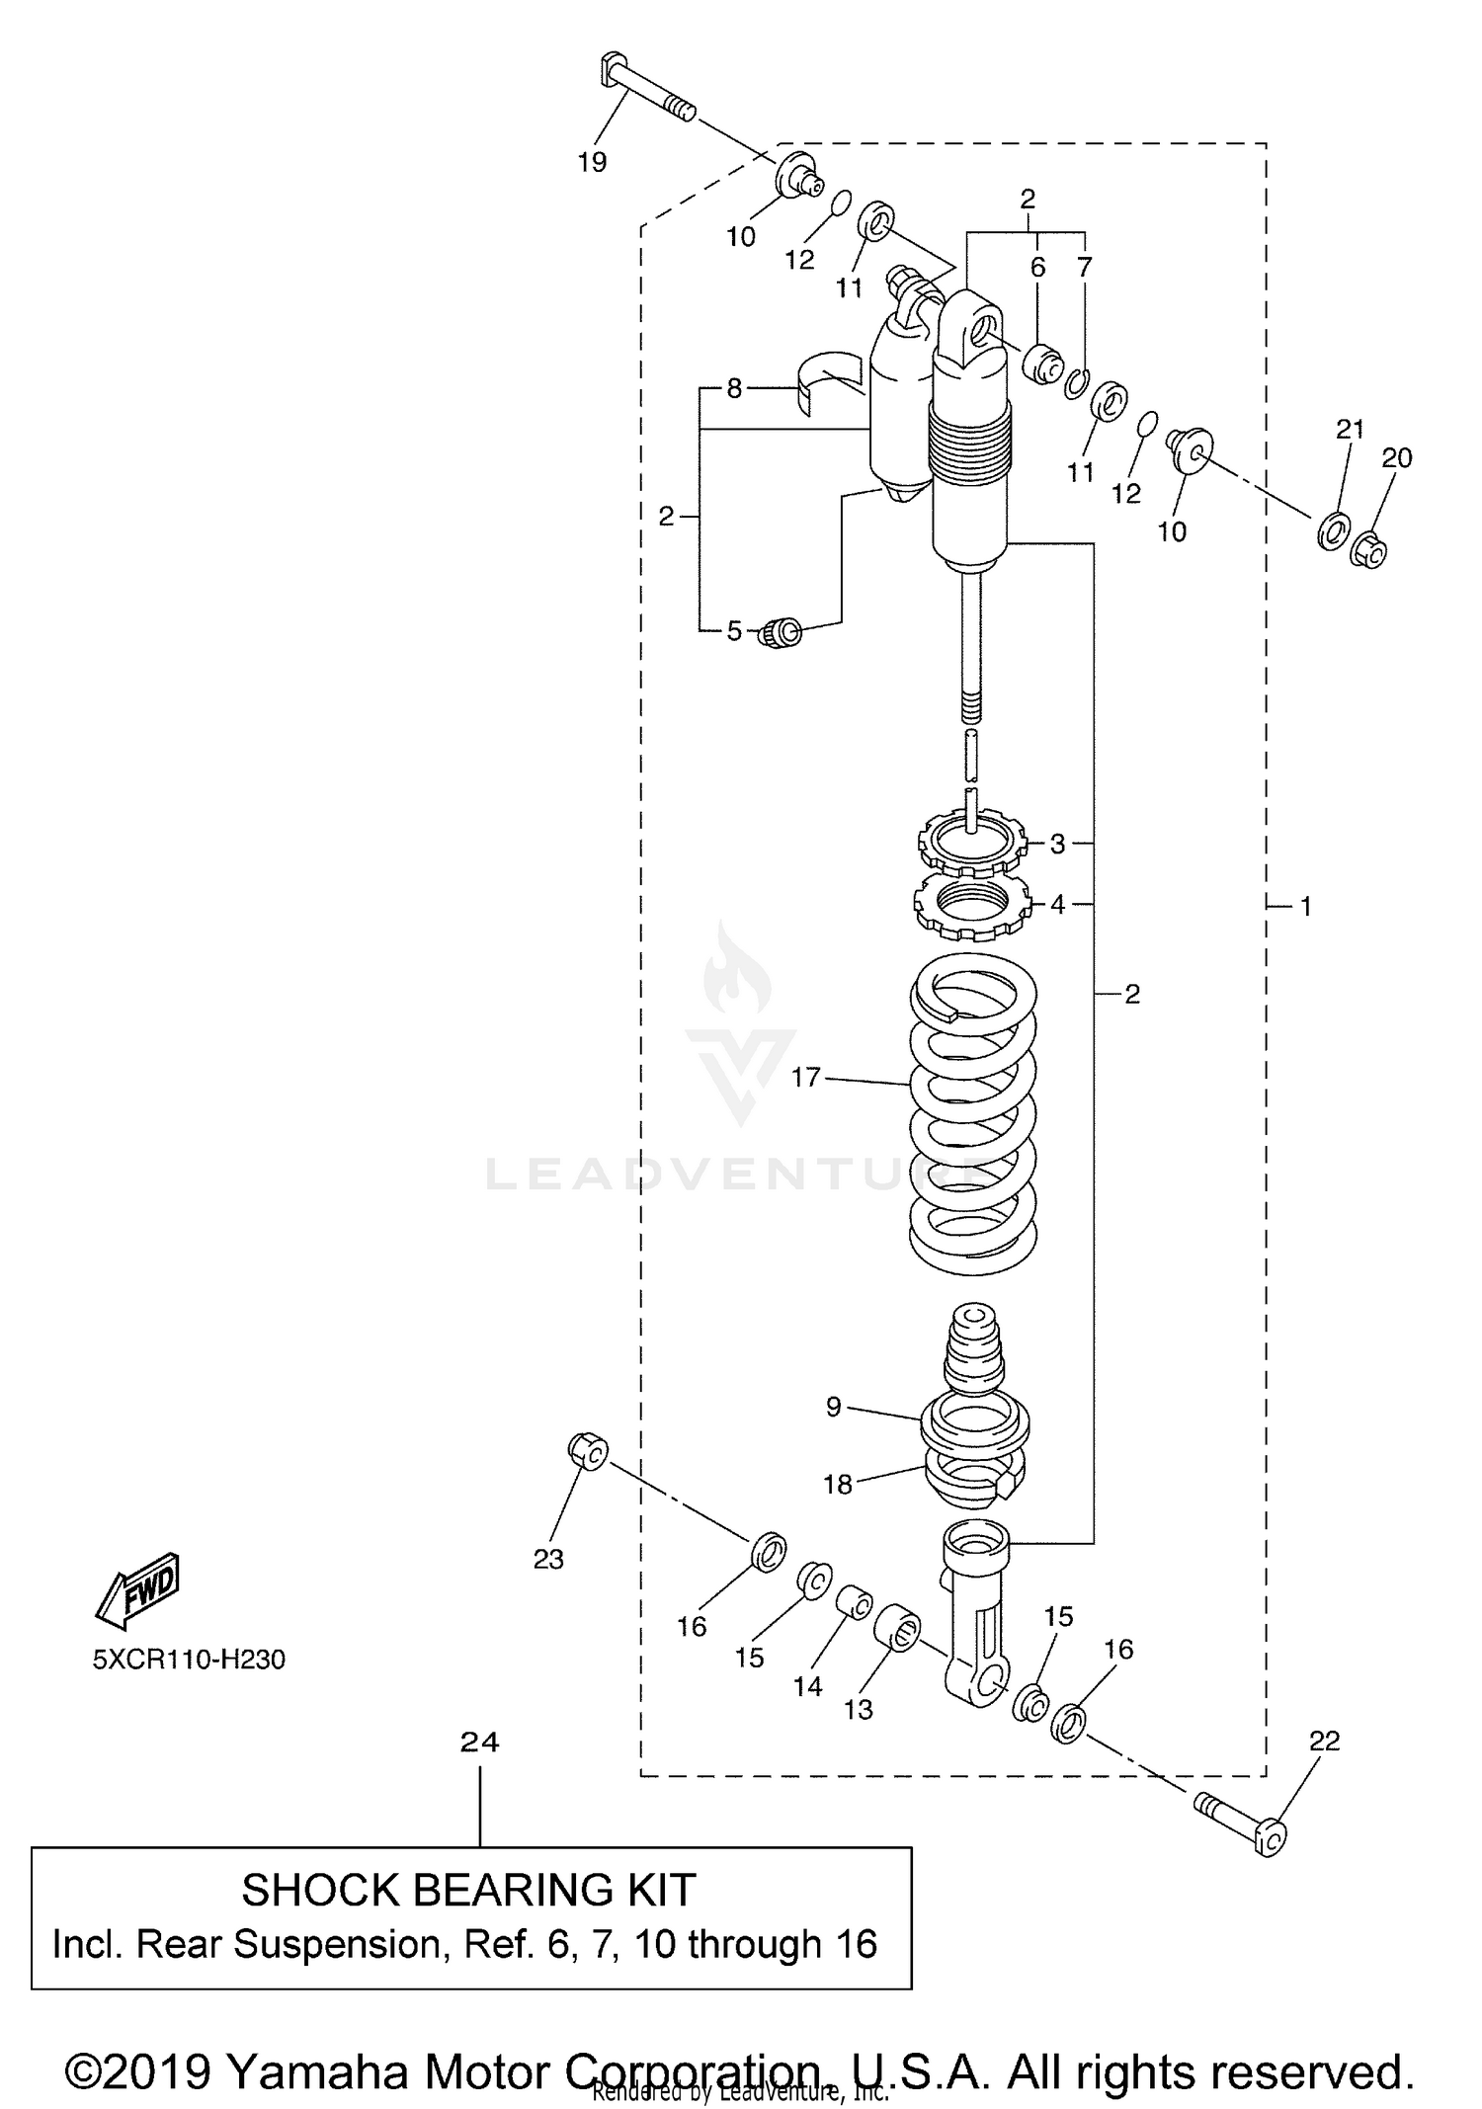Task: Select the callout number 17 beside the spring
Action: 806,1077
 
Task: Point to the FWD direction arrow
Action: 137,1589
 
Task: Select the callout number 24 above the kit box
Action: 480,1743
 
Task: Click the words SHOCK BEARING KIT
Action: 469,1891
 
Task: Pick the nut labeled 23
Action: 588,1450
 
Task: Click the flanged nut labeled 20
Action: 1367,550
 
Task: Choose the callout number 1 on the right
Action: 1305,906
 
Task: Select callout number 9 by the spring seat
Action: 833,1407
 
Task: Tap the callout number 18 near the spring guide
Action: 838,1484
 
